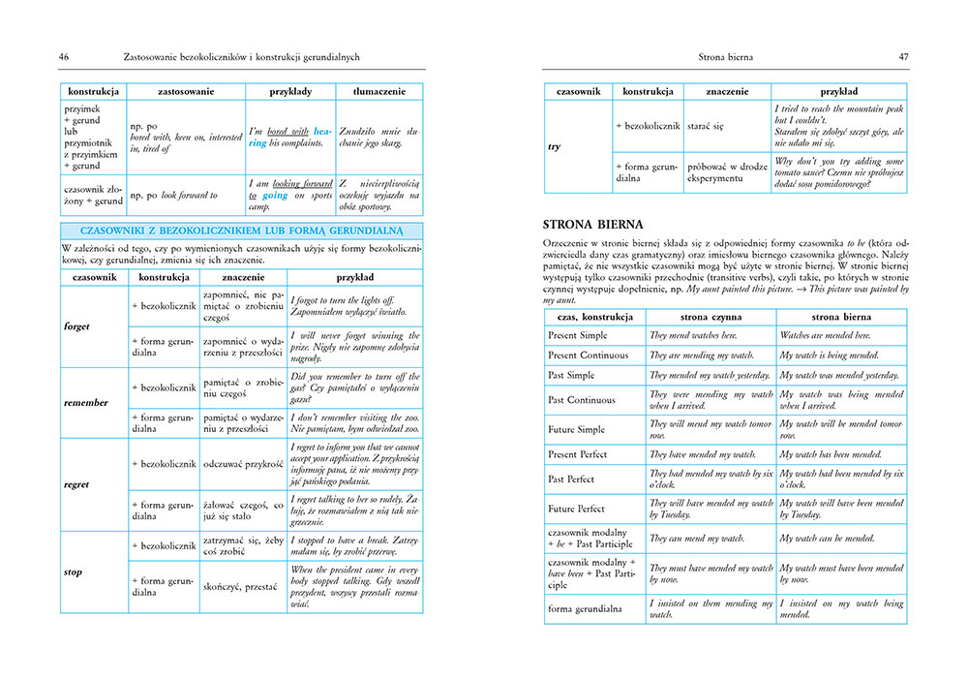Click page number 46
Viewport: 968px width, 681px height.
pyautogui.click(x=64, y=58)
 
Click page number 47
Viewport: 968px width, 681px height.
pyautogui.click(x=903, y=58)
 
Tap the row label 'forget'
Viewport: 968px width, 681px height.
pyautogui.click(x=76, y=326)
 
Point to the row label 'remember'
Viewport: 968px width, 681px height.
pyautogui.click(x=85, y=402)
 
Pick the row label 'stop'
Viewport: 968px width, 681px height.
pyautogui.click(x=73, y=572)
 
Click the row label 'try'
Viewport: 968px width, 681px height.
pyautogui.click(x=554, y=146)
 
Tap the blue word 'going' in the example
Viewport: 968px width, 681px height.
pyautogui.click(x=275, y=195)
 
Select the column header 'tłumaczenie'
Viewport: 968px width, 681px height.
pyautogui.click(x=379, y=91)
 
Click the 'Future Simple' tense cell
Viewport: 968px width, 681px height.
pyautogui.click(x=577, y=429)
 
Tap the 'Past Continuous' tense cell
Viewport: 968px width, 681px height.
pyautogui.click(x=582, y=400)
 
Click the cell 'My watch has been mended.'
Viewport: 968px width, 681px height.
pyautogui.click(x=831, y=454)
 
